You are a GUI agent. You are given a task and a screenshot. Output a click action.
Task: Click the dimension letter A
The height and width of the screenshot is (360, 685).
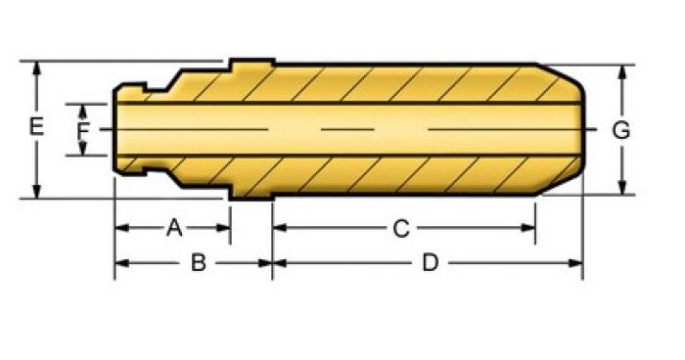pos(174,228)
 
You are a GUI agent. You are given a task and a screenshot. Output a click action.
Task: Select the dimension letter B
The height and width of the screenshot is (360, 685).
pos(199,263)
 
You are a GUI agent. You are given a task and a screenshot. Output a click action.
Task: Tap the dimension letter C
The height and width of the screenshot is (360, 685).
pos(401,228)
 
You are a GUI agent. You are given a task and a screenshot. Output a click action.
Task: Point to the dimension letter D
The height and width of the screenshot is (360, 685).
pos(431,263)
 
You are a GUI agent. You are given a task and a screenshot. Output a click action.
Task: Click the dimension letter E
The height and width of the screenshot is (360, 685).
pos(36,127)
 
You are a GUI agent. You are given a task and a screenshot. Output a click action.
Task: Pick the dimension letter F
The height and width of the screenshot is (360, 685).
pos(83,130)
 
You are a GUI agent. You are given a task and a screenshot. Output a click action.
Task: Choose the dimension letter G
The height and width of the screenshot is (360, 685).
pos(621,130)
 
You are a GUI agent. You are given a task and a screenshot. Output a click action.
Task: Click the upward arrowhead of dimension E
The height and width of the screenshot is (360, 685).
pos(37,67)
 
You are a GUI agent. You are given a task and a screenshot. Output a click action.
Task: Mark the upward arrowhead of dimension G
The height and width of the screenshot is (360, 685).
pos(623,71)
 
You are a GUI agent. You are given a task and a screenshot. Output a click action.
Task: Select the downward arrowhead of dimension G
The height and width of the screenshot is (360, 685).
pos(623,188)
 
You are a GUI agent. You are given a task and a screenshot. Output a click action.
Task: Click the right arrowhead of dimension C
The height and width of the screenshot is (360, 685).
pos(528,228)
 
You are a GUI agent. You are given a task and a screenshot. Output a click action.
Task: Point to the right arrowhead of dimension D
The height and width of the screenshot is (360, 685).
pos(575,263)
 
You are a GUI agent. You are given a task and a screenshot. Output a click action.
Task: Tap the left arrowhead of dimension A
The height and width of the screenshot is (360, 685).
pos(122,228)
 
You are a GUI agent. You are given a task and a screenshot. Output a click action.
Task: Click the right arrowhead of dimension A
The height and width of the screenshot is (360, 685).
pos(223,228)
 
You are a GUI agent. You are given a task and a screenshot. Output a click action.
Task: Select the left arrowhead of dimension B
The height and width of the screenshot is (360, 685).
pos(122,263)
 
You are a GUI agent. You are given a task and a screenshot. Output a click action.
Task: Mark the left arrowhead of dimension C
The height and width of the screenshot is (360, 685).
pos(280,228)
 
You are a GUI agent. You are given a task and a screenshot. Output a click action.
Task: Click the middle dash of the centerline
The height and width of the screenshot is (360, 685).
pos(347,129)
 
